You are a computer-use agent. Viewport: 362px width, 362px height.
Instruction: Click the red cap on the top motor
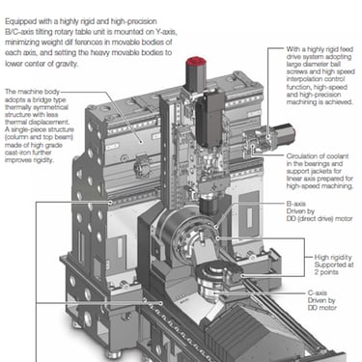(x=195, y=62)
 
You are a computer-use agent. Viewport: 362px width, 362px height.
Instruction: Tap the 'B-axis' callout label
(x=296, y=204)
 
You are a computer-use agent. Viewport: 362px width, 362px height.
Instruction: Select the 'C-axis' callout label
(x=318, y=292)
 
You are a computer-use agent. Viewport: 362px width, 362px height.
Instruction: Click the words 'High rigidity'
(x=333, y=257)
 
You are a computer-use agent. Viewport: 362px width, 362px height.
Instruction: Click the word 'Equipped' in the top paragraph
(x=20, y=22)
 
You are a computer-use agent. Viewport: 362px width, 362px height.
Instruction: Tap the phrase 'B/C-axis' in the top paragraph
(x=19, y=32)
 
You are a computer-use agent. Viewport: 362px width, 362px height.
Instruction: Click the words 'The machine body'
(x=32, y=92)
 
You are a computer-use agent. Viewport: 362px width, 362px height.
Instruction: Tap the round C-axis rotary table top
(x=219, y=271)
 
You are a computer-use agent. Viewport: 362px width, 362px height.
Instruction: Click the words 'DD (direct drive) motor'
(x=320, y=219)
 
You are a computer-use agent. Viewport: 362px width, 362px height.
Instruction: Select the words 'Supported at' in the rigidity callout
(x=334, y=265)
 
